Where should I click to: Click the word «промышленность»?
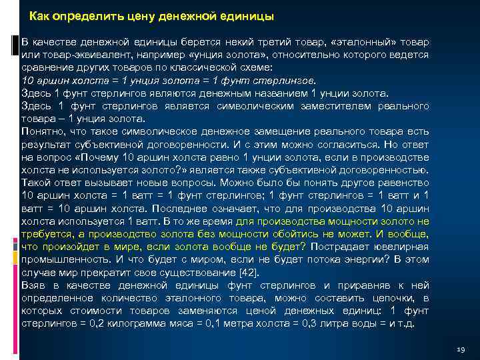(x=68, y=259)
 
